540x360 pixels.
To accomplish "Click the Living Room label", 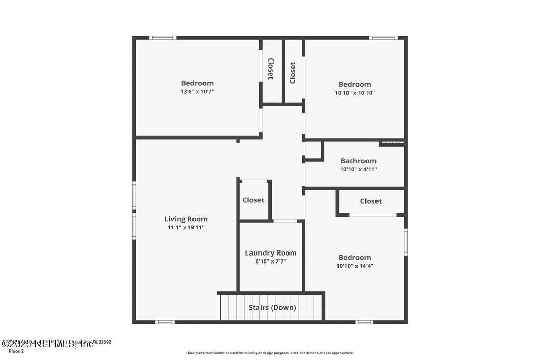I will coord(186,219).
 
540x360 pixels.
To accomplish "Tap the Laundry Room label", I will coord(271,253).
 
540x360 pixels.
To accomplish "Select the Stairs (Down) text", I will coord(272,307).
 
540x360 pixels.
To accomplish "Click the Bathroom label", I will coord(358,161).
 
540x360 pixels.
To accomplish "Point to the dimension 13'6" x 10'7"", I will coord(197,91).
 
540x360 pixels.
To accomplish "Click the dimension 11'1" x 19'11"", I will coord(186,228).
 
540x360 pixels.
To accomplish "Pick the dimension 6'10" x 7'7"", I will coord(271,261).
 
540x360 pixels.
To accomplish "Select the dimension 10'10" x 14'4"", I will coord(354,266).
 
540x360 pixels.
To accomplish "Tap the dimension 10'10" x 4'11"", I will coord(358,170).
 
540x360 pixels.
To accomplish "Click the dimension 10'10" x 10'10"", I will coord(354,93).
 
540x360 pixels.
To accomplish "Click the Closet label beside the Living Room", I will coord(253,200).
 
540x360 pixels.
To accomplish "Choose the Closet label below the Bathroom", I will coord(371,201).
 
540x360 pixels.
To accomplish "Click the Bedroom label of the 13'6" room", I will coord(197,83).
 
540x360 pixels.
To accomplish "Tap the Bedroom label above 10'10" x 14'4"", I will coord(354,258).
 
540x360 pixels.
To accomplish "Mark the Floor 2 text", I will coord(16,351).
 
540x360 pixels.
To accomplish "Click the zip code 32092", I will coord(103,342).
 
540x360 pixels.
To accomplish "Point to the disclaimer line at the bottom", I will coord(269,353).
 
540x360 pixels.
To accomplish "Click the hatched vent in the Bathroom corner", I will coord(392,142).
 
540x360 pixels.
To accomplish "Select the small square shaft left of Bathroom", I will coord(313,150).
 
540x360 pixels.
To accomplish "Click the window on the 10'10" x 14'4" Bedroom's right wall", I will coord(406,242).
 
